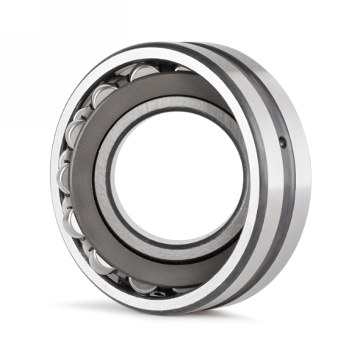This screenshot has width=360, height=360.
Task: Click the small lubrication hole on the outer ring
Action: coord(283,143)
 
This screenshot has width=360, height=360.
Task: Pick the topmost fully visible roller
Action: coord(144,71)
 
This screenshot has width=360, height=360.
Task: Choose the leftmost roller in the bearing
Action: coord(62,176)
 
